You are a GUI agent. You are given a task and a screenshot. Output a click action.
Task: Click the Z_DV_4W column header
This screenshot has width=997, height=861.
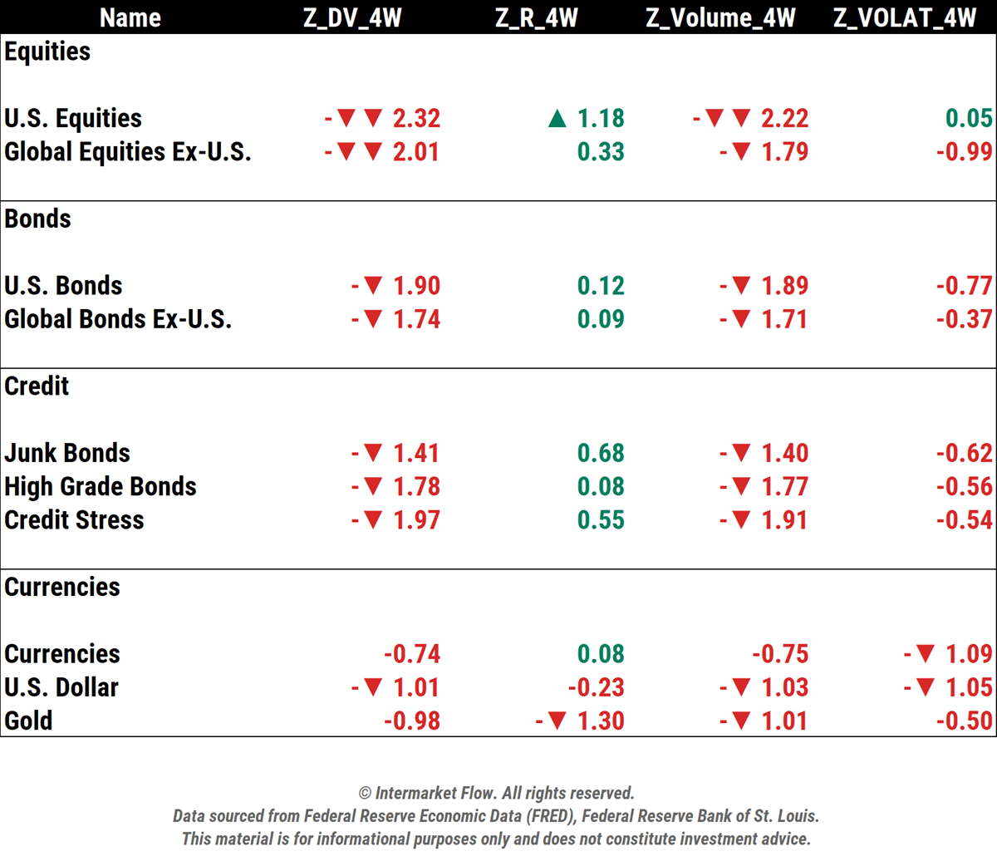pyautogui.click(x=352, y=17)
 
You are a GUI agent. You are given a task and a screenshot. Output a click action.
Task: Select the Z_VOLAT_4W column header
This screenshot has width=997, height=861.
pyautogui.click(x=905, y=17)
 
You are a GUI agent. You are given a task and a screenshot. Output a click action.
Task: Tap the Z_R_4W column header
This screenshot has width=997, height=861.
pyautogui.click(x=537, y=17)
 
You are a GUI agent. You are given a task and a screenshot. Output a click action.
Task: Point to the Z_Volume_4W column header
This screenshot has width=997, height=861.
pyautogui.click(x=720, y=17)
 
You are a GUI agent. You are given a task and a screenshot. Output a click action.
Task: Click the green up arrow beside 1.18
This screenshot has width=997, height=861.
pyautogui.click(x=557, y=120)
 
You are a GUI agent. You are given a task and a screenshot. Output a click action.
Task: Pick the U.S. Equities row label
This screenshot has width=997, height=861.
pyautogui.click(x=73, y=118)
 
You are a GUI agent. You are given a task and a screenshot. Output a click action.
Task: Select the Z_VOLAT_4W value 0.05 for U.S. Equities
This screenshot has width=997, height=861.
pyautogui.click(x=969, y=118)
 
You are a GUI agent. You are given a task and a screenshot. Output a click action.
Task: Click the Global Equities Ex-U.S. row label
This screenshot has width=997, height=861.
pyautogui.click(x=128, y=152)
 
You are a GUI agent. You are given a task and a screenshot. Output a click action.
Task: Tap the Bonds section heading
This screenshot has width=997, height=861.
pyautogui.click(x=37, y=219)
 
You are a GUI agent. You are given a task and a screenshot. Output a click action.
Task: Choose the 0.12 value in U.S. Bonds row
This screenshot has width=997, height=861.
pyautogui.click(x=601, y=286)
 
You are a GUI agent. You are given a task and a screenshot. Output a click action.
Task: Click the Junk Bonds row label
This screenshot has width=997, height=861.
pyautogui.click(x=67, y=453)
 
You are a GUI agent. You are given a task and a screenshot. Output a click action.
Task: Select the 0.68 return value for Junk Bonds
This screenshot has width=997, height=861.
pyautogui.click(x=601, y=453)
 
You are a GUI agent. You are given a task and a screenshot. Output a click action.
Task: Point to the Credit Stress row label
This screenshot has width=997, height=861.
pyautogui.click(x=74, y=520)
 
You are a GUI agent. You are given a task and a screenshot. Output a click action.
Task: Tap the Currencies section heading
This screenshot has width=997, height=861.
pyautogui.click(x=62, y=587)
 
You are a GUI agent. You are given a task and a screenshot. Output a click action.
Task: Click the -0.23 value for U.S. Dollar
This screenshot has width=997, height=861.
pyautogui.click(x=596, y=687)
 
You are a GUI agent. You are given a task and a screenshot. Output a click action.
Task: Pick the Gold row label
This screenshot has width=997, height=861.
pyautogui.click(x=28, y=721)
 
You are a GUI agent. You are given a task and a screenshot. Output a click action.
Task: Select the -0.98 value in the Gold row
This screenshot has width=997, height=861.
pyautogui.click(x=412, y=721)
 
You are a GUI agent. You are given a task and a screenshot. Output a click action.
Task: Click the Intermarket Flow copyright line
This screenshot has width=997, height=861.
pyautogui.click(x=496, y=793)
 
